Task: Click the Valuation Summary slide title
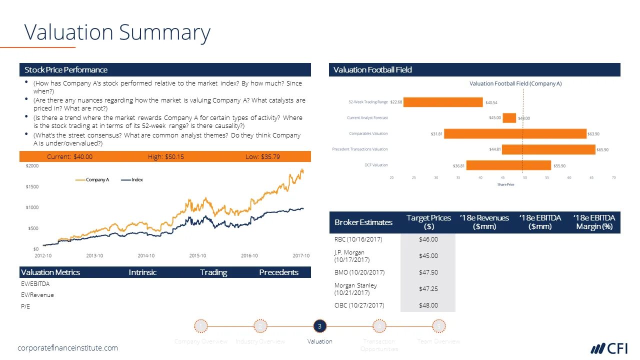[117, 32]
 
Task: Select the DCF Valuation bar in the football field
[508, 165]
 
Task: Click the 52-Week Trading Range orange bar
[443, 102]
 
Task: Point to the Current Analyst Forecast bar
[509, 118]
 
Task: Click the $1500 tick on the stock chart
[32, 186]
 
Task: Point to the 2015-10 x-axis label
[197, 255]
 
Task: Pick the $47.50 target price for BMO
[428, 272]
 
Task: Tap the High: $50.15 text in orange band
[166, 156]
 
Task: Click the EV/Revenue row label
[37, 295]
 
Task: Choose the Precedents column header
[278, 272]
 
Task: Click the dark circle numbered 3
[320, 326]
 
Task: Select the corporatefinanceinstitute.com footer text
[68, 348]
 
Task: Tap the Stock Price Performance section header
[66, 69]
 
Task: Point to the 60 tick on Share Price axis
[569, 177]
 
